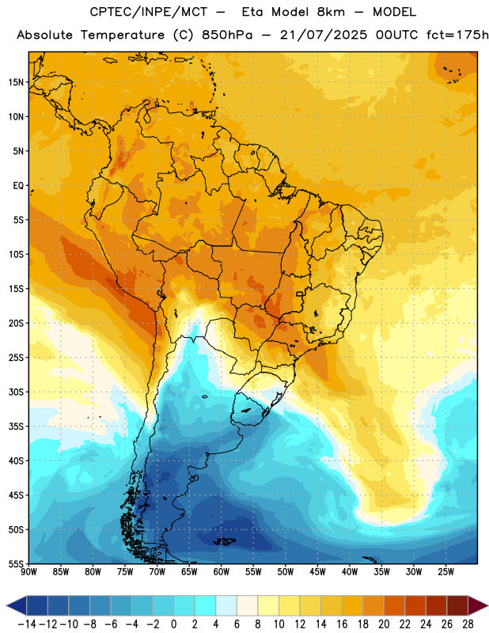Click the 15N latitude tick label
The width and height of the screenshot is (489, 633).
[x=16, y=82]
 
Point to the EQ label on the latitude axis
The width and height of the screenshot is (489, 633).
[x=18, y=186]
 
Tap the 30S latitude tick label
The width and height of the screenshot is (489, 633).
[x=16, y=392]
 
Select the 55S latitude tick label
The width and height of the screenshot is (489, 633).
[x=16, y=564]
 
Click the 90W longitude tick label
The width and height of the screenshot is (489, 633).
[x=28, y=572]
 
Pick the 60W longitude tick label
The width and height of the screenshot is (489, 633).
[x=222, y=572]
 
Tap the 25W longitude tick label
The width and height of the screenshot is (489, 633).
[x=446, y=572]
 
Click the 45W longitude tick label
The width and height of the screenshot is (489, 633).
[x=318, y=572]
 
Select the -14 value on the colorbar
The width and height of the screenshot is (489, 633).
[x=27, y=624]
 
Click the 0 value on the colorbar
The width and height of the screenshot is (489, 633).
[x=173, y=624]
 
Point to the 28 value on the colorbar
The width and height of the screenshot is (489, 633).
[x=468, y=624]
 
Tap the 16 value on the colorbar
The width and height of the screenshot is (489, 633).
[x=342, y=624]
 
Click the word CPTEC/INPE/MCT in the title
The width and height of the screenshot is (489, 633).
[x=149, y=12]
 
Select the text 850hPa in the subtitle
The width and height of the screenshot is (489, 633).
[x=227, y=35]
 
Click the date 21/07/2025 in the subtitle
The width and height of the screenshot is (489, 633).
[x=324, y=35]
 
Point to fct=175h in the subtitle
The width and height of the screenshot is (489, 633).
[x=457, y=35]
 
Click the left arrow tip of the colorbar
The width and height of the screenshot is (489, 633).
[x=6, y=605]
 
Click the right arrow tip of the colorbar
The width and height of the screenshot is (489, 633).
[x=487, y=605]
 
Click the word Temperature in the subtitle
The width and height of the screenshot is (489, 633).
[x=123, y=35]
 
